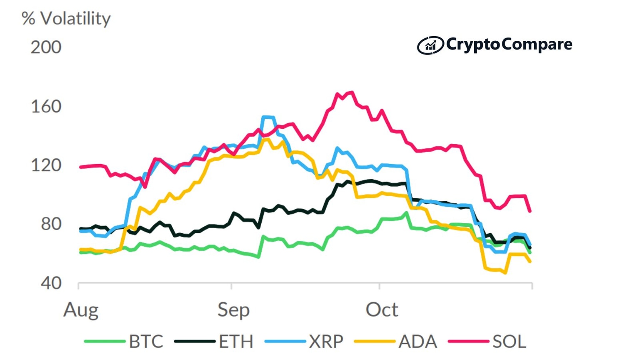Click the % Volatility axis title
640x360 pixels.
(x=66, y=19)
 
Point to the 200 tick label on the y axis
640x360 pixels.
(x=46, y=47)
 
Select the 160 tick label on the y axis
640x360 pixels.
(x=46, y=107)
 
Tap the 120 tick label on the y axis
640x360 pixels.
(x=46, y=165)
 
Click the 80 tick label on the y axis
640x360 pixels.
(x=51, y=224)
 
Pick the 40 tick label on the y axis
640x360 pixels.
(x=51, y=283)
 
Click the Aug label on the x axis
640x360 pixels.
(x=81, y=310)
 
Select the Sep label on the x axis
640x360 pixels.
(x=233, y=310)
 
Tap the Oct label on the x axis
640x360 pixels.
(x=382, y=310)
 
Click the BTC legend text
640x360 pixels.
(x=146, y=342)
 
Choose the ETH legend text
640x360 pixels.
(x=236, y=342)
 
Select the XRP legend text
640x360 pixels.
(x=326, y=342)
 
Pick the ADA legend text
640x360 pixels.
(x=417, y=342)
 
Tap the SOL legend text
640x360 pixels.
(x=509, y=342)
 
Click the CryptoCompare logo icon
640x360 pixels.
(x=430, y=45)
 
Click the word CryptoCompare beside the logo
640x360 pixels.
(x=509, y=44)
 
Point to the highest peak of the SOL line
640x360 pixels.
(x=352, y=92)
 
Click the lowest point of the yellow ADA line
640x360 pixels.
(x=505, y=273)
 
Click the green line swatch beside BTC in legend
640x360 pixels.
(x=105, y=342)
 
